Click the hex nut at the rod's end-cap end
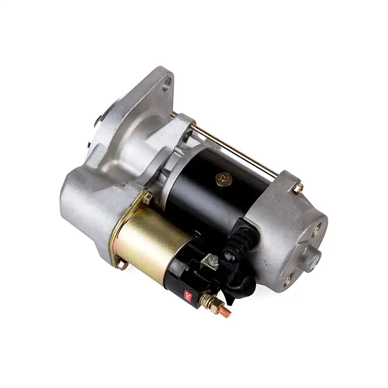pyautogui.click(x=298, y=189)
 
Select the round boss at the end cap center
pyautogui.click(x=314, y=256)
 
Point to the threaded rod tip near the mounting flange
pyautogui.click(x=173, y=114)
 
